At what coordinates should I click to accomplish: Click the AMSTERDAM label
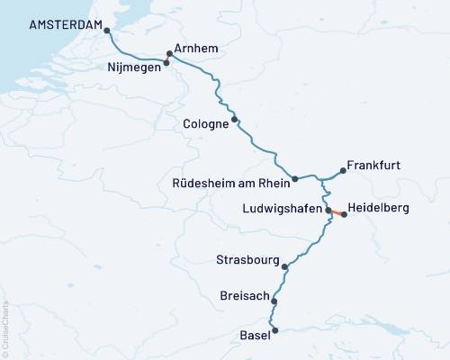coord(64,25)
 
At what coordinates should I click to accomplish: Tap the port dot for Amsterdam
coord(107,30)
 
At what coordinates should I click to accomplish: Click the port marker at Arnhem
coord(170,53)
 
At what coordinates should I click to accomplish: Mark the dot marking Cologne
coord(235,119)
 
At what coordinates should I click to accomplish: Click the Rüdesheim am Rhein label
coord(229,184)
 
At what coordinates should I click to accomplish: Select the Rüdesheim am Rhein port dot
coord(295,179)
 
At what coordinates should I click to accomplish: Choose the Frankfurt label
coord(373,166)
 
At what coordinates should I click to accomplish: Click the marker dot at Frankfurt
coord(342,169)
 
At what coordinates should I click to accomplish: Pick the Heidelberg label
coord(378,208)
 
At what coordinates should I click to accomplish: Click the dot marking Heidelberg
coord(344,215)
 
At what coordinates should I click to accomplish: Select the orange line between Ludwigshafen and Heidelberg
coord(337,212)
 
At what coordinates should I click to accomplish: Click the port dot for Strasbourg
coord(285,266)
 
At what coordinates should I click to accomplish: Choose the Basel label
coord(255,336)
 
